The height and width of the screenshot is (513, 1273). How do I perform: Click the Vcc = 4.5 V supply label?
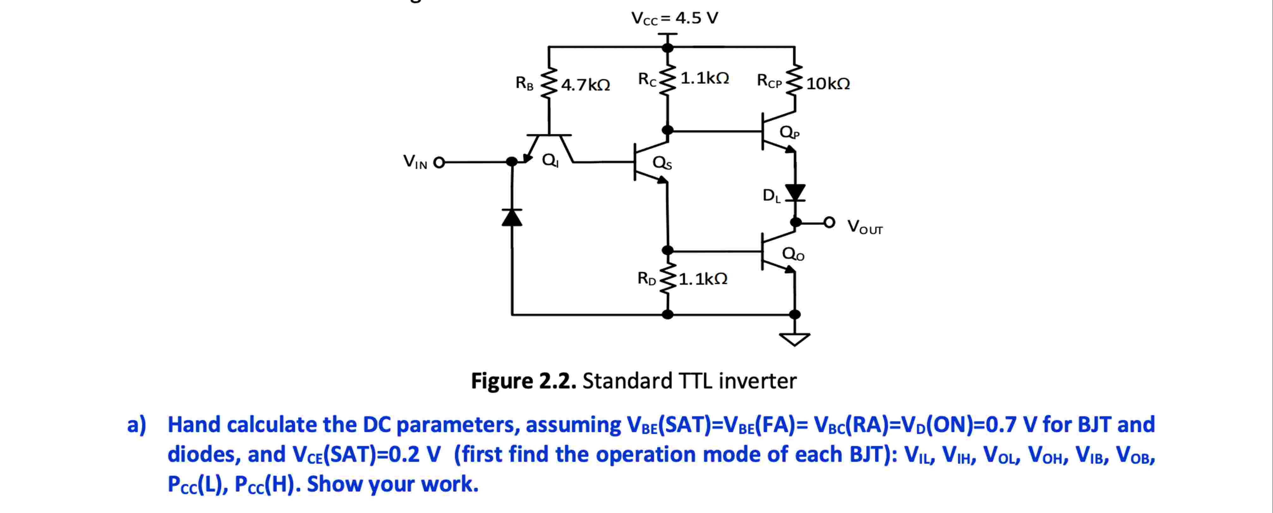point(675,18)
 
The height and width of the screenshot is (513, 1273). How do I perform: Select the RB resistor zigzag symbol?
point(549,83)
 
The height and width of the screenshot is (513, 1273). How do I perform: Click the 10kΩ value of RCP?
point(828,83)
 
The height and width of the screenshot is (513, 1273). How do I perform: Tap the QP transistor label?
point(789,132)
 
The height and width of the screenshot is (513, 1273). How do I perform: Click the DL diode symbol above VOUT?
point(795,192)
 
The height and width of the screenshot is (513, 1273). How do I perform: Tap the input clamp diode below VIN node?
point(512,217)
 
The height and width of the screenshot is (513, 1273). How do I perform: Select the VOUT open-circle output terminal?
point(829,223)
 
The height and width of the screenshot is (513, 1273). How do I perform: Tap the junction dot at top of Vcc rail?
point(668,47)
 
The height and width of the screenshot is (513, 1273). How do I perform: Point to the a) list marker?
point(136,424)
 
